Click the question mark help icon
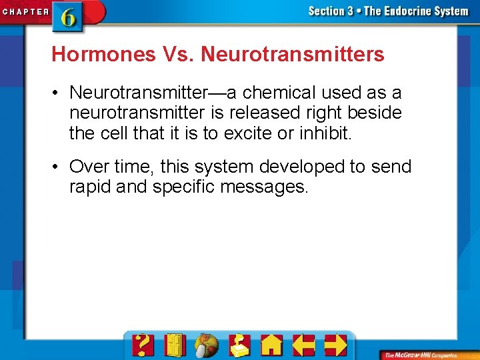pos(143,345)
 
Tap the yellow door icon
pos(175,345)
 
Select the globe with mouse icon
pos(207,345)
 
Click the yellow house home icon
pos(271,345)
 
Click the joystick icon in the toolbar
pos(239,345)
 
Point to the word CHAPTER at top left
pos(25,11)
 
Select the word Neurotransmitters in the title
pos(293,54)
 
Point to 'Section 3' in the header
pos(331,11)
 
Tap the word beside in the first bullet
pos(374,113)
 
